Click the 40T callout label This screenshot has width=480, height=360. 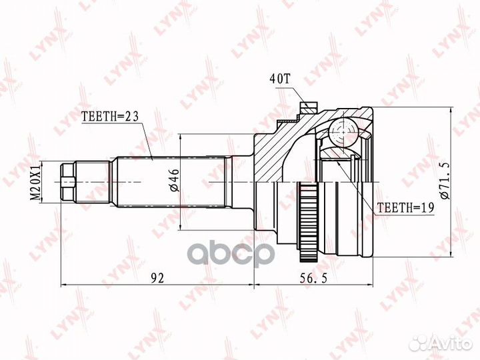point(279,79)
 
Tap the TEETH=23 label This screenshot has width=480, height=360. point(110,116)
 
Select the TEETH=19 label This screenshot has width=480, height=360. point(405,208)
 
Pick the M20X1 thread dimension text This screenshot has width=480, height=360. point(36,183)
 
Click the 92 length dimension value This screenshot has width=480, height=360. point(157,278)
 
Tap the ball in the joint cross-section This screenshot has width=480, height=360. point(343,131)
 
